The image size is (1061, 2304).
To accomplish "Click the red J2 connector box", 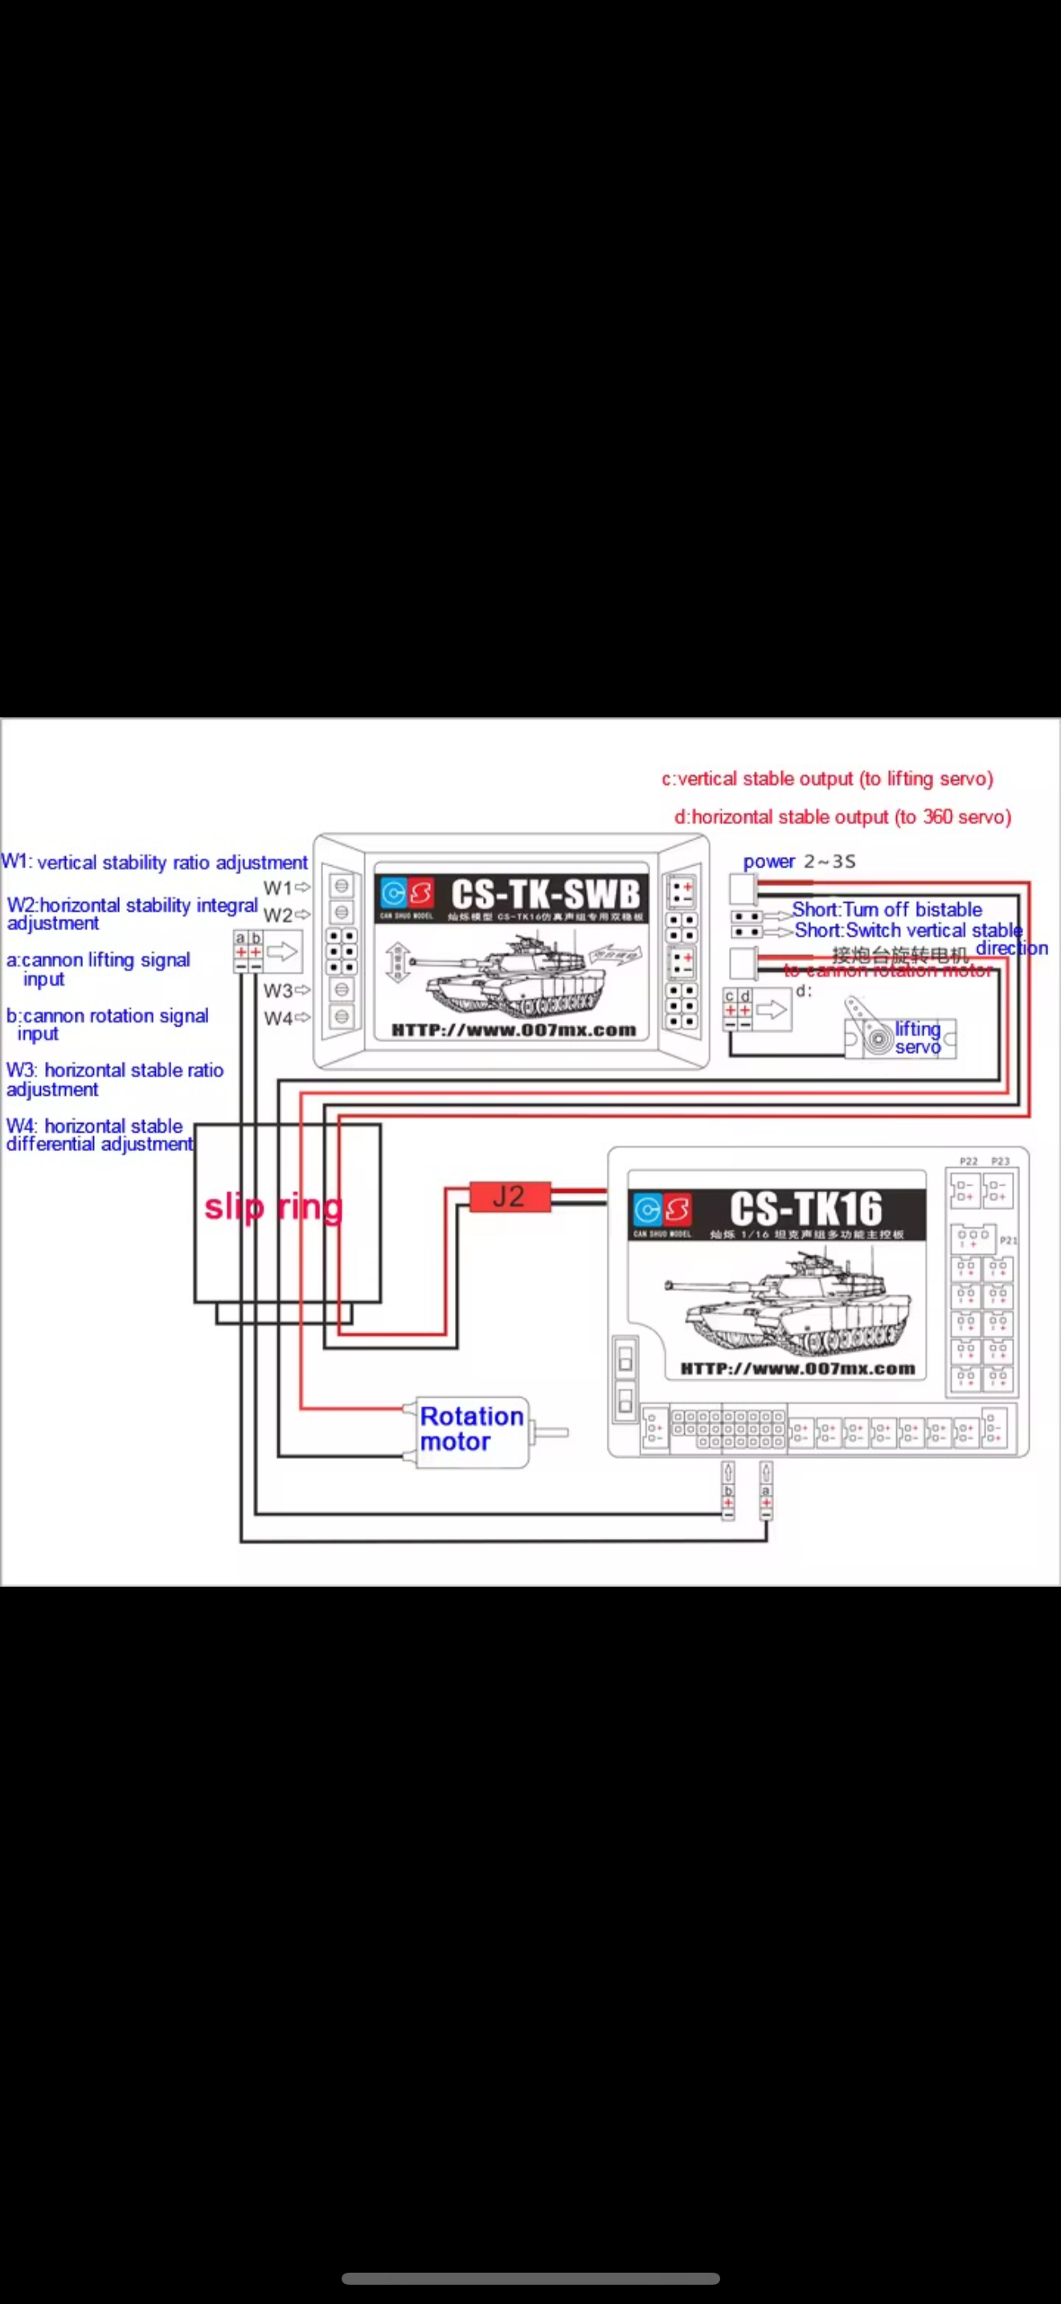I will click(509, 1196).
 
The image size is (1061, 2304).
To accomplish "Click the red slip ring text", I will click(272, 1207).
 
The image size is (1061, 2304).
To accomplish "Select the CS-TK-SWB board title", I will click(546, 894).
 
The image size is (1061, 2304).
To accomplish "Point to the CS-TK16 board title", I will click(805, 1208).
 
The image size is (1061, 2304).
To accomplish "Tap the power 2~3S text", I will click(798, 861).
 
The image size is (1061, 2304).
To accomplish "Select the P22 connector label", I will click(968, 1161).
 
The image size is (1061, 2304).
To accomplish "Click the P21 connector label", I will click(1008, 1240).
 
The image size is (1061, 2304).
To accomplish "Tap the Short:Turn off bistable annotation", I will click(886, 909).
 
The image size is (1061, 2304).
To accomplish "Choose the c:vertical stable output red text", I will click(826, 779).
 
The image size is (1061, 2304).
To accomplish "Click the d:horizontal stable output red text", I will click(842, 816).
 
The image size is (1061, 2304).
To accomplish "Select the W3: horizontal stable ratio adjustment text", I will click(113, 1079).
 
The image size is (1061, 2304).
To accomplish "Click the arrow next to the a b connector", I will click(282, 952).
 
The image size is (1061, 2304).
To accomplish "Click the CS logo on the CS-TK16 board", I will click(662, 1210).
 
